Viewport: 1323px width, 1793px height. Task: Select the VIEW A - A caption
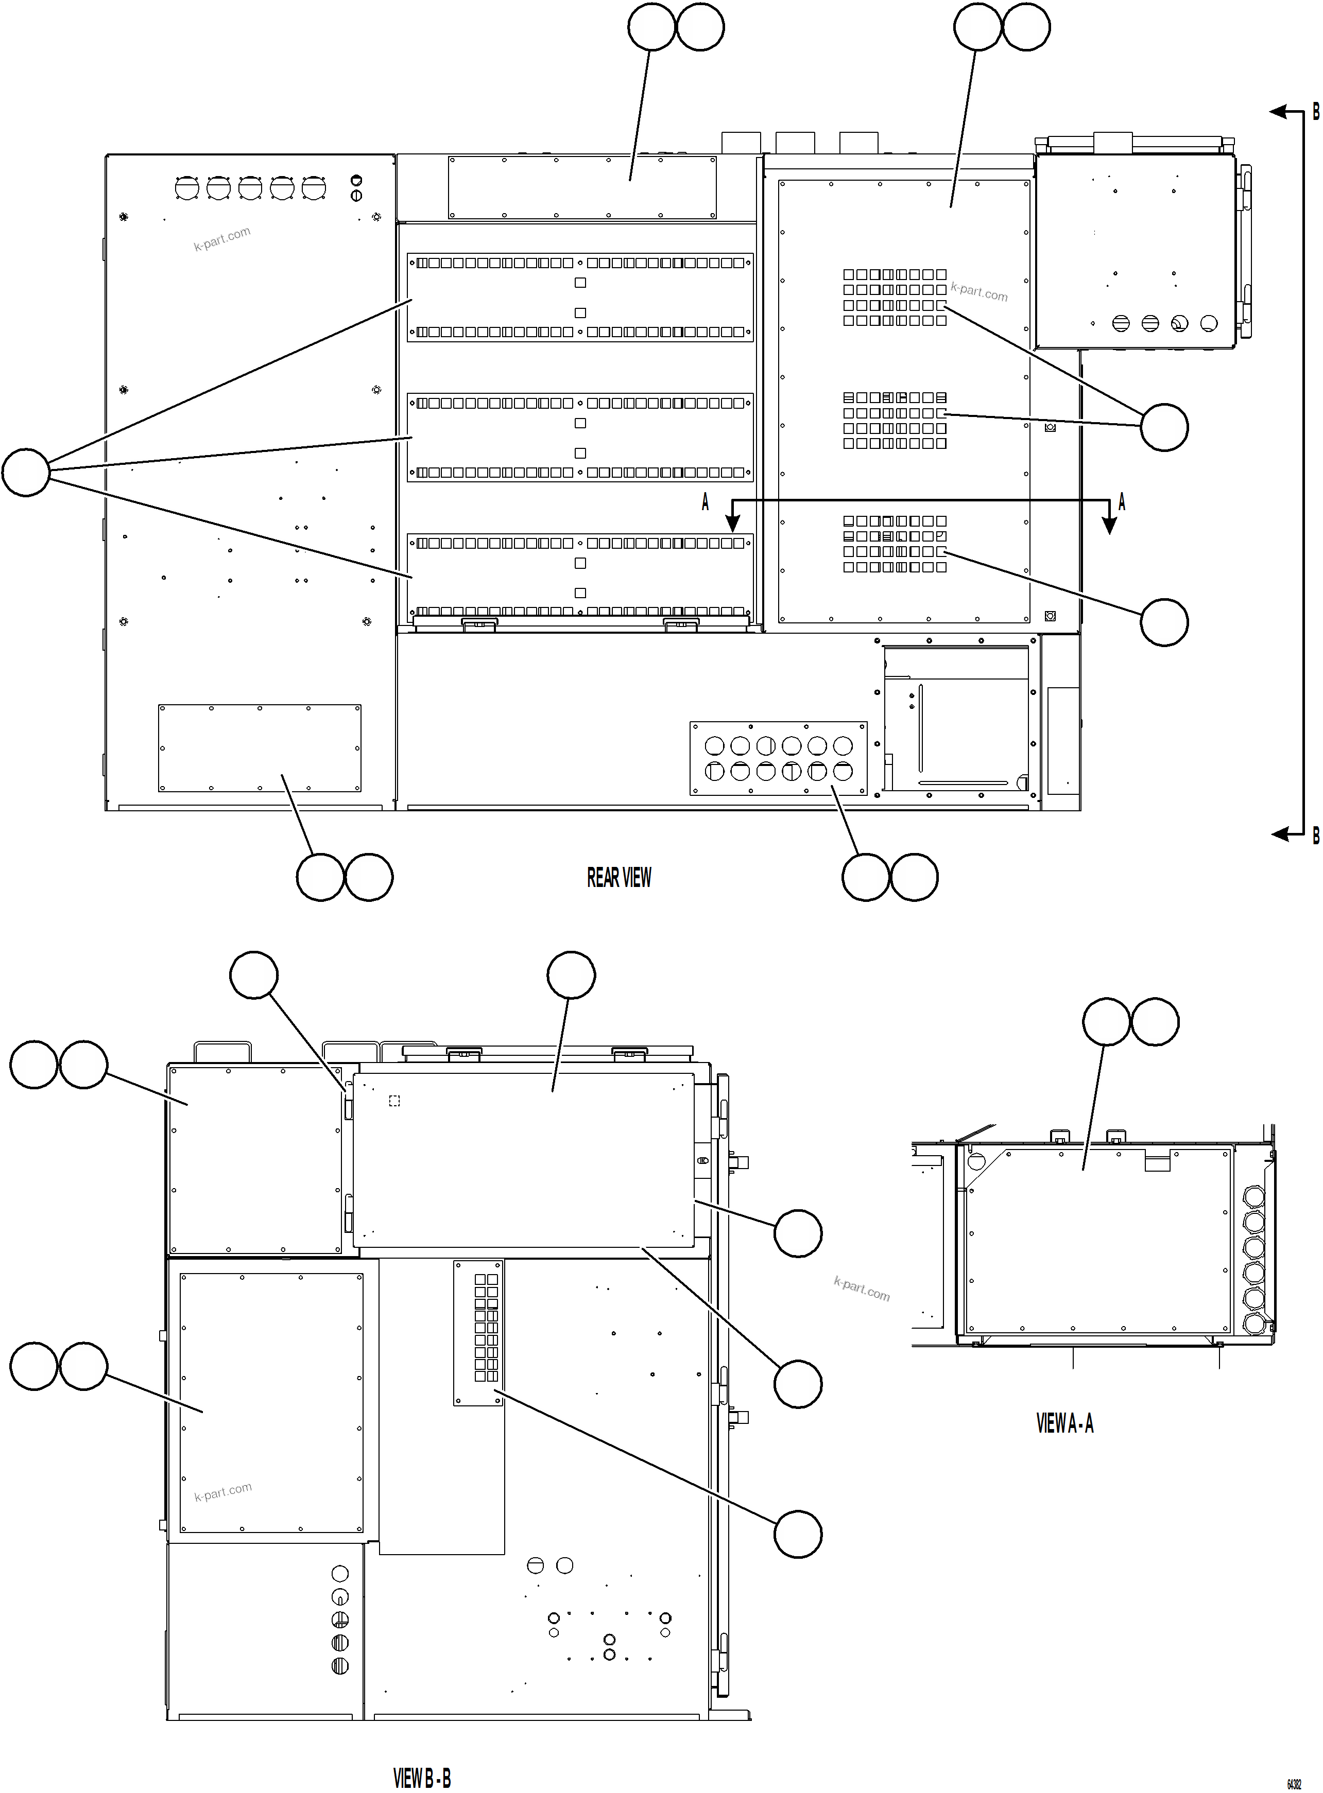pos(1064,1423)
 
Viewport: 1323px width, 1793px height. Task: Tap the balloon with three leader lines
pos(26,472)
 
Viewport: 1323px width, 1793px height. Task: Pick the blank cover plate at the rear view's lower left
pos(260,748)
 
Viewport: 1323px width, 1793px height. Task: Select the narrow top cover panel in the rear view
pos(582,187)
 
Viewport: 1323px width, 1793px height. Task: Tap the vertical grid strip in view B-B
pos(479,1333)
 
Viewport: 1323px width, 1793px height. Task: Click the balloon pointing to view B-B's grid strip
pos(798,1534)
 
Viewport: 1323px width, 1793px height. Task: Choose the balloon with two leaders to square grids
pos(1164,427)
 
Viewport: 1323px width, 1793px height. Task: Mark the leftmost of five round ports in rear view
pos(186,188)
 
